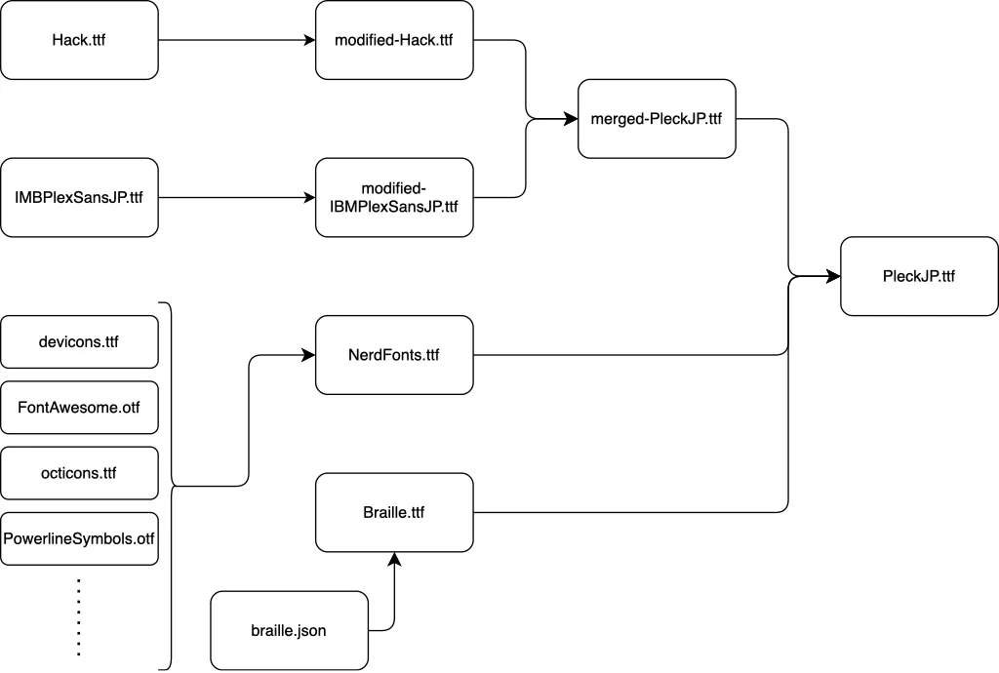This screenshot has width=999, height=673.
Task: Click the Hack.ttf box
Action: (x=79, y=40)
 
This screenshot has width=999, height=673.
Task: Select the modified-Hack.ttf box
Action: (x=394, y=40)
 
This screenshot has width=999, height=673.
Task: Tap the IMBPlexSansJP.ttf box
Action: (x=79, y=197)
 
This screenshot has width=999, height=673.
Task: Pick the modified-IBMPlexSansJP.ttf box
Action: (x=394, y=197)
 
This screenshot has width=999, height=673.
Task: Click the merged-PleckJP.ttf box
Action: (x=657, y=119)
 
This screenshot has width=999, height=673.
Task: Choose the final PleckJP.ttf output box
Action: (x=919, y=276)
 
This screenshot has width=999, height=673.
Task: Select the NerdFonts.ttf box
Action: (x=394, y=355)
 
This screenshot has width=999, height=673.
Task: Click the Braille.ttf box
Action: (x=394, y=512)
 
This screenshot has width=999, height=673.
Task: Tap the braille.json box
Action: (x=289, y=630)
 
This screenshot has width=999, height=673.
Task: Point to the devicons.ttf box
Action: (x=79, y=341)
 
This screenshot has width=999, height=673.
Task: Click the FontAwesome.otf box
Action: (x=79, y=407)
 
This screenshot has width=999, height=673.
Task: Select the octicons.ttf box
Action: (x=79, y=473)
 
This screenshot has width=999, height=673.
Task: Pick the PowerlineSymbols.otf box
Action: (x=79, y=538)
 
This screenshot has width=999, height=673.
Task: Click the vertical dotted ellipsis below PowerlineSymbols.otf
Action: (x=79, y=616)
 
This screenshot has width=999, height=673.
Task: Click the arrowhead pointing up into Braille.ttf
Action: (x=394, y=559)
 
